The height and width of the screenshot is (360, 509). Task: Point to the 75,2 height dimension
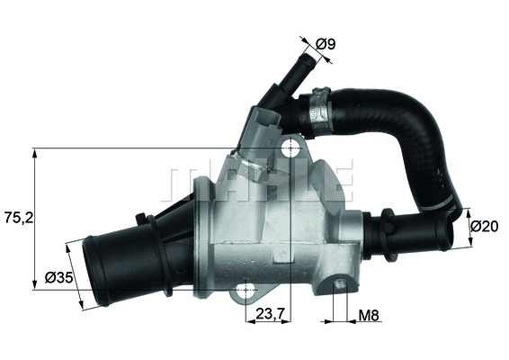pyautogui.click(x=14, y=217)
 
